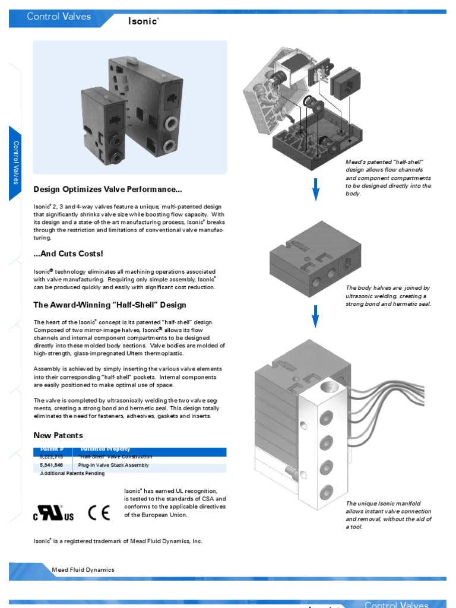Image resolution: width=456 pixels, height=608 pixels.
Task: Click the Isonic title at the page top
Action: pos(143,21)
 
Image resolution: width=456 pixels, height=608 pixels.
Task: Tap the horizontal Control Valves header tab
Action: pos(59,17)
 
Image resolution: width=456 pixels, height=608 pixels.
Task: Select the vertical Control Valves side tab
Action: pos(16,163)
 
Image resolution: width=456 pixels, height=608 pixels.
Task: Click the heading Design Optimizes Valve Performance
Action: pos(107,190)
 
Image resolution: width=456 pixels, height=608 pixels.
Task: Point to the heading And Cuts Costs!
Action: pos(68,254)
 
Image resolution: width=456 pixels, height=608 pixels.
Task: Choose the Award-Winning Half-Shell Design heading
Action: pos(110,305)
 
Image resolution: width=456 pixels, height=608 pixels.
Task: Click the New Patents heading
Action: pos(58,436)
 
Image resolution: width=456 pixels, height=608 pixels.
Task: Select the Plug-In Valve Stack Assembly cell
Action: pos(114,465)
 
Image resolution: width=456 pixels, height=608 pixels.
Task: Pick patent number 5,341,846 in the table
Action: pos(51,465)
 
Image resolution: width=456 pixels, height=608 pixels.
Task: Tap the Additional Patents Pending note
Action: pos(72,474)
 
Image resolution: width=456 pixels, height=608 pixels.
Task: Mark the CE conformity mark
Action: pos(99,514)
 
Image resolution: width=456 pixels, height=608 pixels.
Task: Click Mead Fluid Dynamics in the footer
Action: pos(83,570)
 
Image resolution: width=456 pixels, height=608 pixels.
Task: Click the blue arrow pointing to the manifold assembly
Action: pos(316,316)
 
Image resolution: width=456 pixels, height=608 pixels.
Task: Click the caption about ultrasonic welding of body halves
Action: pos(388,296)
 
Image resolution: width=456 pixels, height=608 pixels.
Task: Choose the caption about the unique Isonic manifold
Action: pos(388,515)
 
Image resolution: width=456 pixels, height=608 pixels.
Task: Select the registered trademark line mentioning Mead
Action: pos(118,541)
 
